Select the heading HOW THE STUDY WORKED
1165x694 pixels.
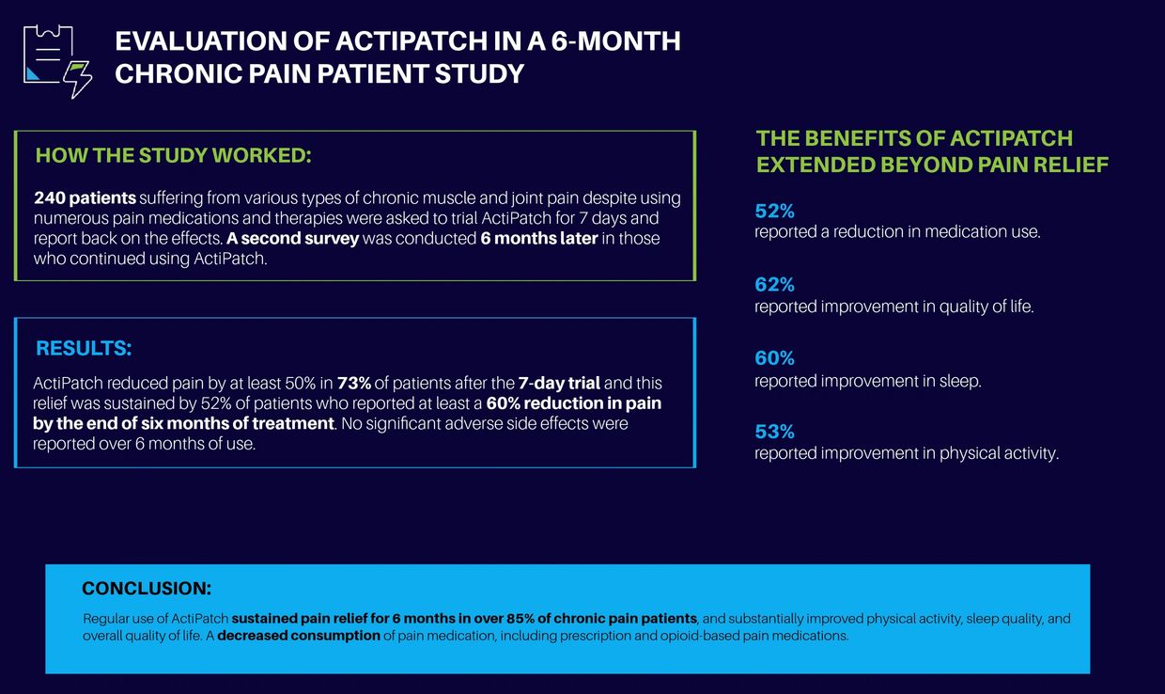tap(173, 156)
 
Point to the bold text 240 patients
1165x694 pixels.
tap(85, 199)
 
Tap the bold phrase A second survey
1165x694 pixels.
tap(293, 239)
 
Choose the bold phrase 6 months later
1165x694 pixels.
tap(539, 239)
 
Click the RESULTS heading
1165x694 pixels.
tap(84, 348)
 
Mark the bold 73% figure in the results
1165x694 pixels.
tap(354, 384)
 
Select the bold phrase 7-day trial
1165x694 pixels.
tap(559, 384)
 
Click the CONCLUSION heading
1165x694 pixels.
tap(147, 590)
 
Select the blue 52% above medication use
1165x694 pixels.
tap(775, 211)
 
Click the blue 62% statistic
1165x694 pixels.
tap(775, 284)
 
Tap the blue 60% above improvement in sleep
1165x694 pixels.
tap(775, 358)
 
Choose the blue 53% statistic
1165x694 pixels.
tap(775, 432)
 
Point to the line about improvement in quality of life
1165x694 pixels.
tap(893, 307)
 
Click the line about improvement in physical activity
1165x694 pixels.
tap(907, 453)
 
